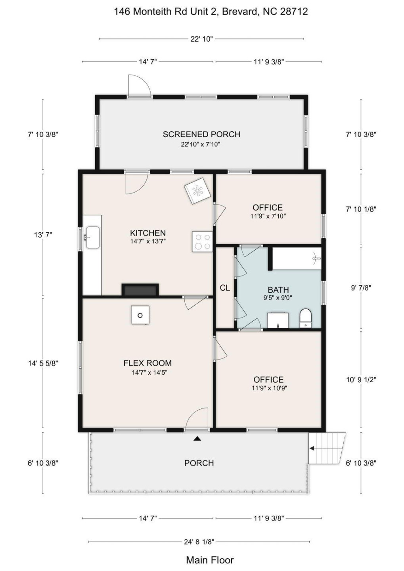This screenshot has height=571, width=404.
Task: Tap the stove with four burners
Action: [203, 241]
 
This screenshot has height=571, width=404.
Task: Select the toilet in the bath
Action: [306, 318]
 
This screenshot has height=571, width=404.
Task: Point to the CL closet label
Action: [225, 288]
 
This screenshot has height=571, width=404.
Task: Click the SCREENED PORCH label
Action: [201, 134]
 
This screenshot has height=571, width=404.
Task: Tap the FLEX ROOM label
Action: [147, 363]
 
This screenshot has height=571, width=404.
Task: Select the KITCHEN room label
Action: [148, 233]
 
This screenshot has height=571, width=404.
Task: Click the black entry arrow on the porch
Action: [197, 439]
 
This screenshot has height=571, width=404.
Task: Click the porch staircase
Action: [327, 448]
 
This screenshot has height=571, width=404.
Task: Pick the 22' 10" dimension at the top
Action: [201, 39]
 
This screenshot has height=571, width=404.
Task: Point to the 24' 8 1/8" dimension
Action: [199, 542]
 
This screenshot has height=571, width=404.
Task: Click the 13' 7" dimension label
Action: [43, 235]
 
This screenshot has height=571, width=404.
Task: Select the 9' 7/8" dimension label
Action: [361, 288]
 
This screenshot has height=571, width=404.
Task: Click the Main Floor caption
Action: [210, 560]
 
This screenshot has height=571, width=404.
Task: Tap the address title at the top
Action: [211, 11]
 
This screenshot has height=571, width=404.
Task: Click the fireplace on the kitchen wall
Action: [140, 290]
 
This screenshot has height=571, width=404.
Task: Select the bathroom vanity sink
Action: [278, 320]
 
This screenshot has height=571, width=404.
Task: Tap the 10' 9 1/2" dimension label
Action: [361, 379]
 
